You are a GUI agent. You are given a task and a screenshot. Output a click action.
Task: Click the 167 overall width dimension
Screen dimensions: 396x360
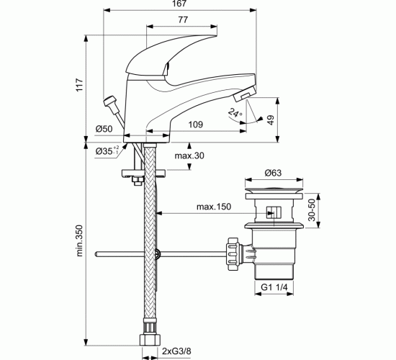click(x=179, y=4)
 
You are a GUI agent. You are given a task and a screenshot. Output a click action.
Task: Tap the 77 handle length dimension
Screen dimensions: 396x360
click(x=183, y=19)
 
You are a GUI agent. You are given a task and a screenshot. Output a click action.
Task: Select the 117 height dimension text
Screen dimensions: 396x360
click(x=79, y=85)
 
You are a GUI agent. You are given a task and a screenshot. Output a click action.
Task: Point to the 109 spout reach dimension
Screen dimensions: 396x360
click(x=196, y=125)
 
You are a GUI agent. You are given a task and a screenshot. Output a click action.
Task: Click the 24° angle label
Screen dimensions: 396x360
click(x=235, y=112)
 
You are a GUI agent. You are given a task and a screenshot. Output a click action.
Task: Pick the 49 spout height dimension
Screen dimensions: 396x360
click(x=271, y=120)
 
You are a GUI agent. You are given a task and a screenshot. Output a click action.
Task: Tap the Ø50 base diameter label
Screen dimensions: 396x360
click(x=104, y=129)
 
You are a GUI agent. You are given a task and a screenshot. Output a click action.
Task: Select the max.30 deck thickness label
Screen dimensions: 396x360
click(x=189, y=156)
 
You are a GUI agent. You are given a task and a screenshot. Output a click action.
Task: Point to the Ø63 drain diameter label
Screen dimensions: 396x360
click(x=273, y=173)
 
